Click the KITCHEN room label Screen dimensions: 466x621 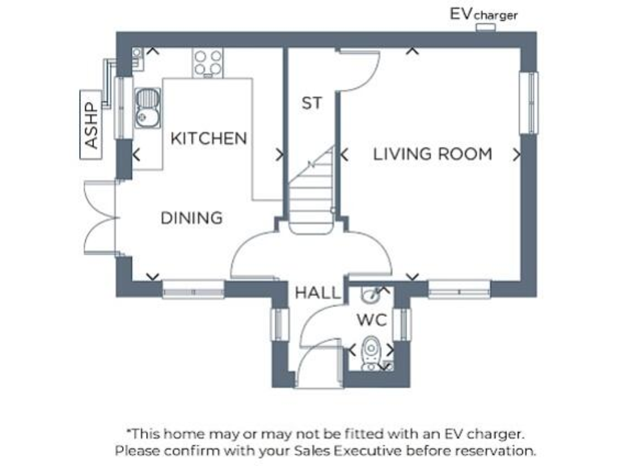[209, 138]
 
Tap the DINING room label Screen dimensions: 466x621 [192, 218]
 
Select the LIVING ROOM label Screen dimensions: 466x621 [432, 154]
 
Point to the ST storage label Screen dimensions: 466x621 [311, 103]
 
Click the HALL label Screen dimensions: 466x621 [318, 292]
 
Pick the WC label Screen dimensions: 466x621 [372, 320]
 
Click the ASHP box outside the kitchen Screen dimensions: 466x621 [91, 125]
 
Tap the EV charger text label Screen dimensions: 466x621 [484, 14]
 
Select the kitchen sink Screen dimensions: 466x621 [147, 109]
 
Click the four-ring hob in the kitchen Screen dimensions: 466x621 [209, 62]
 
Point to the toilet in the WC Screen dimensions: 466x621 [372, 351]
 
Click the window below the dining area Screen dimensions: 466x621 [192, 289]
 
